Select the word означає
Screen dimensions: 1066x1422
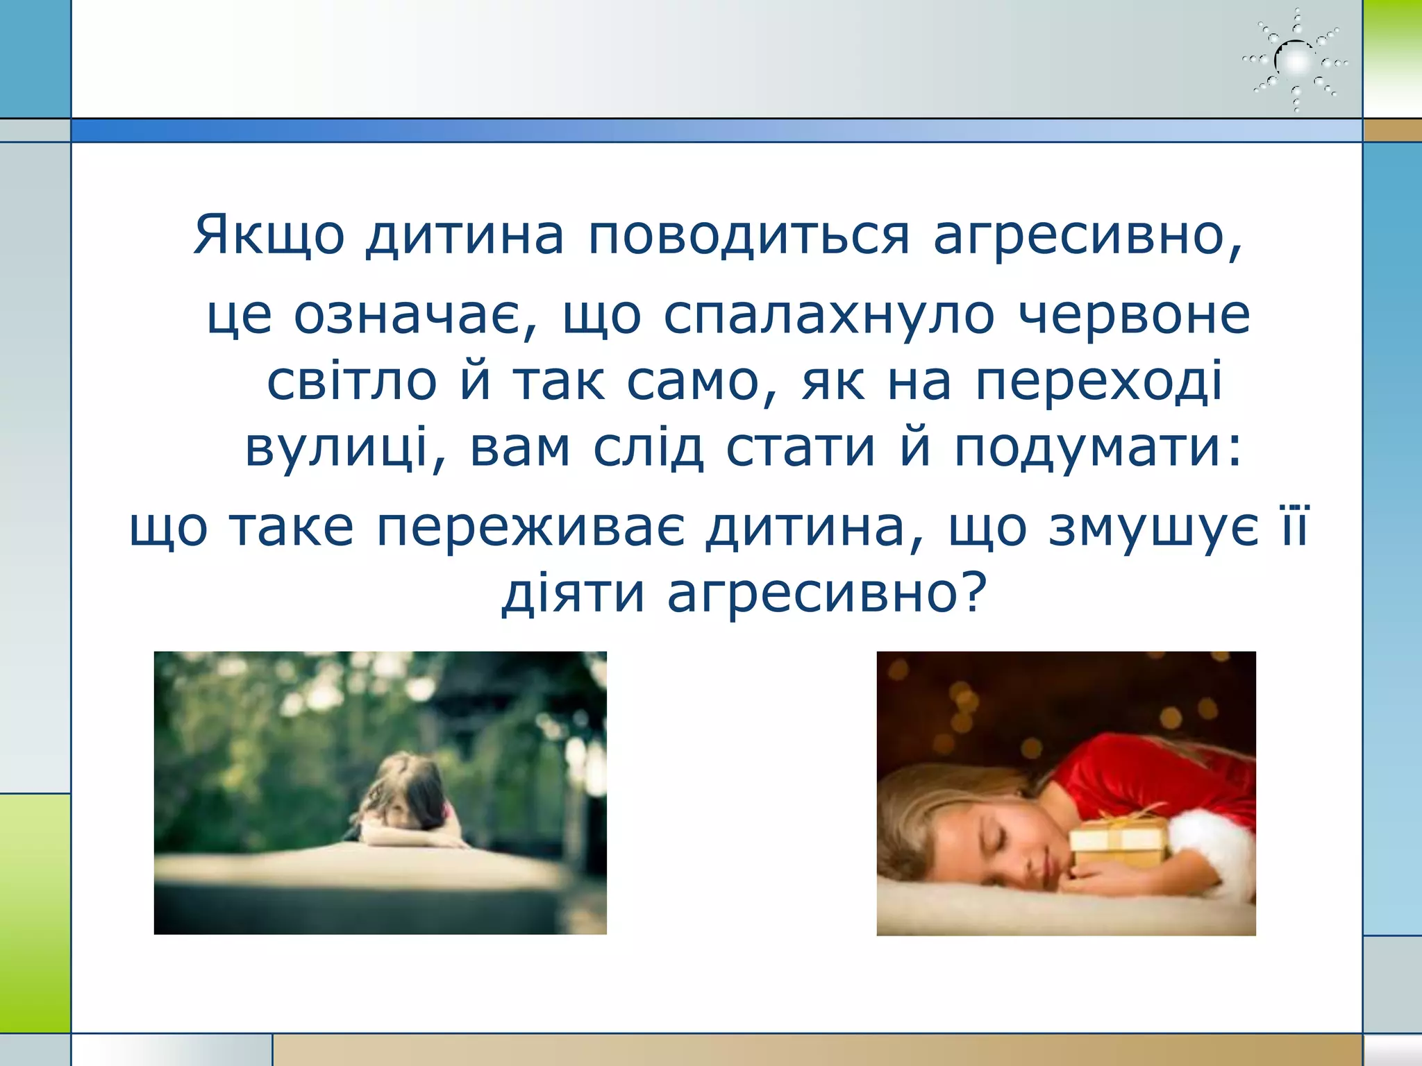415,316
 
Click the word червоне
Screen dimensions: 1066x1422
1135,316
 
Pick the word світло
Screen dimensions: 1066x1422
352,382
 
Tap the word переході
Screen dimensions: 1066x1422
1098,382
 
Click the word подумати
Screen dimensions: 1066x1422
1097,448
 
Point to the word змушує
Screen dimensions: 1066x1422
1153,527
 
